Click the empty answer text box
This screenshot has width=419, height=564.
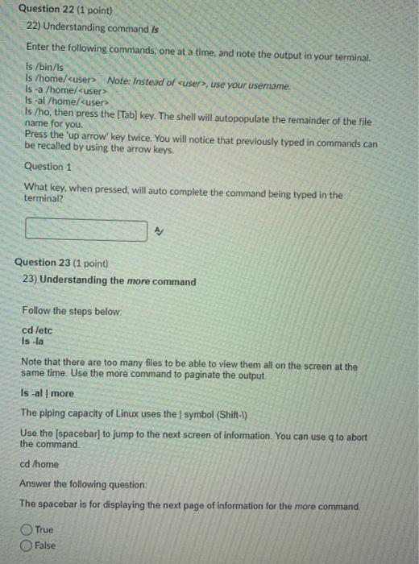86,208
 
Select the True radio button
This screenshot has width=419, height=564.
27,530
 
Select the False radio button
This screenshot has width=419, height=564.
27,545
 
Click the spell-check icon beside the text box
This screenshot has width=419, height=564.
160,209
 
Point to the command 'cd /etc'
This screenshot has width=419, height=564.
36,329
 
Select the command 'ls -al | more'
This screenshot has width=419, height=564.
47,393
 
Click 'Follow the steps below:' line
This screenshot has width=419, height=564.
71,310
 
